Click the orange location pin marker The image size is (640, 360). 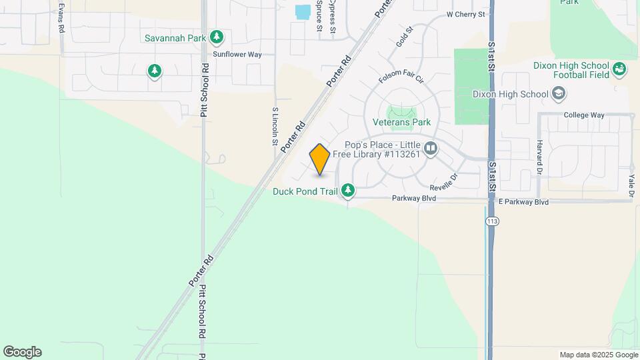pos(320,160)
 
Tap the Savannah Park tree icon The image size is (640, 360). pos(216,37)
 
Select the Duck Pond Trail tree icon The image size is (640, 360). pos(347,191)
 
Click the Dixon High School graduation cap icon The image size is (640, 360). pos(559,94)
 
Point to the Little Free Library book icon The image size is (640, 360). pos(431,148)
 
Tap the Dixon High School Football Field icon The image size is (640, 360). pos(619,69)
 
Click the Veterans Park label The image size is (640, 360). pos(401,122)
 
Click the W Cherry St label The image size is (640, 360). pos(465,14)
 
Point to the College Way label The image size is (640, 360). pos(583,115)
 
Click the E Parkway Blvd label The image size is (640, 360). pos(523,201)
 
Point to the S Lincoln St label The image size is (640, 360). pos(275,127)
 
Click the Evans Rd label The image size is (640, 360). pos(61,18)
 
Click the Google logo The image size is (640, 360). pos(22,352)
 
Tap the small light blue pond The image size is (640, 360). pos(303,12)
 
